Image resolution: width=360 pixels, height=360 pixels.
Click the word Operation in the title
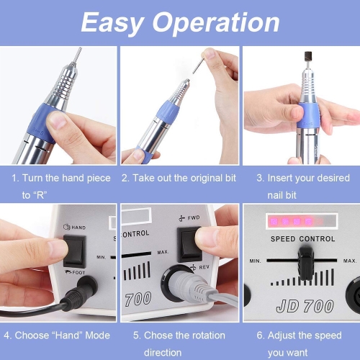tap(216, 23)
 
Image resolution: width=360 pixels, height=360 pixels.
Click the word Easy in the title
tap(112, 23)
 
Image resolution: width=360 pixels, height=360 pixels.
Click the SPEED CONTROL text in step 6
tap(302, 239)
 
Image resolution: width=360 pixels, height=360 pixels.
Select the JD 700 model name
tap(305, 306)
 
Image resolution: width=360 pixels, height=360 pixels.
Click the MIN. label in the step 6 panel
tap(255, 261)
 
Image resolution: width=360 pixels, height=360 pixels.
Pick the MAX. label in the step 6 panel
tap(350, 261)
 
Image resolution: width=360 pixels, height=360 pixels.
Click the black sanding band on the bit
tap(308, 57)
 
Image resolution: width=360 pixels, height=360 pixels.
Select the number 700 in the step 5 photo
tap(138, 299)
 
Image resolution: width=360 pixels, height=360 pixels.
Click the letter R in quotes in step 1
tap(40, 195)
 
